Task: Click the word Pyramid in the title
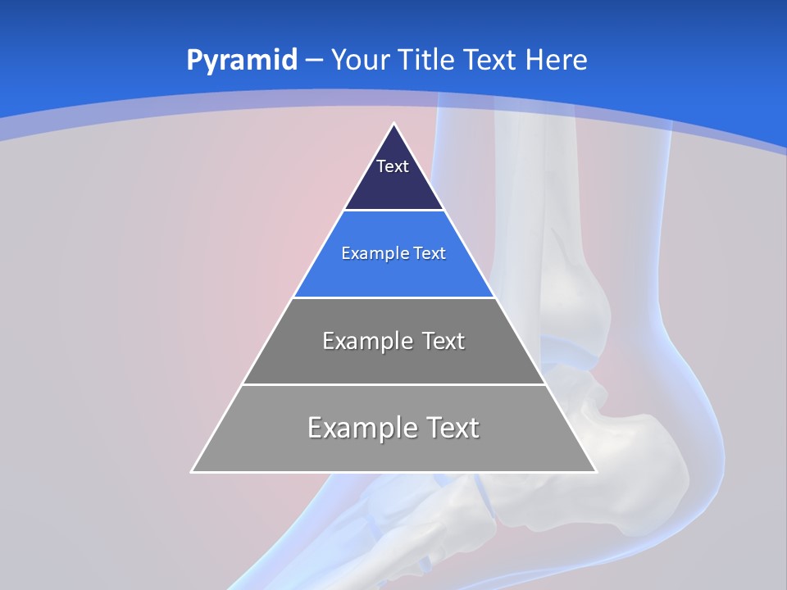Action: (x=241, y=61)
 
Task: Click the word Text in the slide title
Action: (x=490, y=61)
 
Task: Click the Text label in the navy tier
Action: (x=393, y=166)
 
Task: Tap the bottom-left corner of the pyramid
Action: (x=193, y=471)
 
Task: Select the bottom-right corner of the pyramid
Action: (x=595, y=471)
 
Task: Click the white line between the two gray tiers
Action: (x=393, y=384)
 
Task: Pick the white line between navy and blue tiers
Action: (x=393, y=211)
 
